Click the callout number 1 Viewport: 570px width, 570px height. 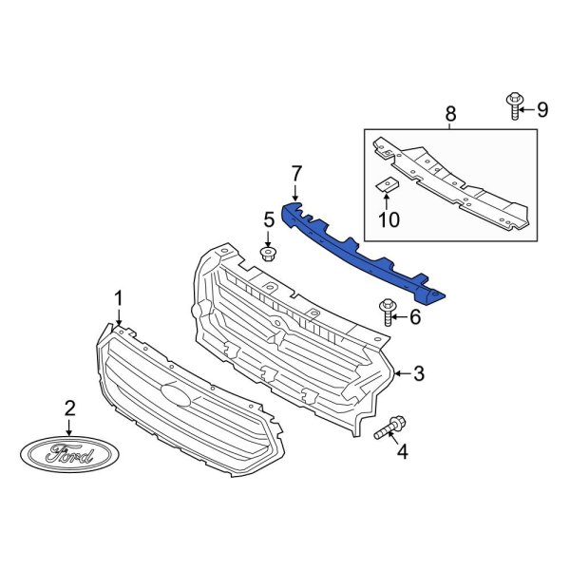click(119, 300)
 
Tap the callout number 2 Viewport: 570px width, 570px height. click(69, 409)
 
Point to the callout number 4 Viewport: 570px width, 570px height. click(402, 452)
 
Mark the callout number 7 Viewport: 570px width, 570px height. click(296, 174)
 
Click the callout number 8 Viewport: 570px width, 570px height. click(449, 115)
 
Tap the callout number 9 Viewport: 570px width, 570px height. click(542, 109)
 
